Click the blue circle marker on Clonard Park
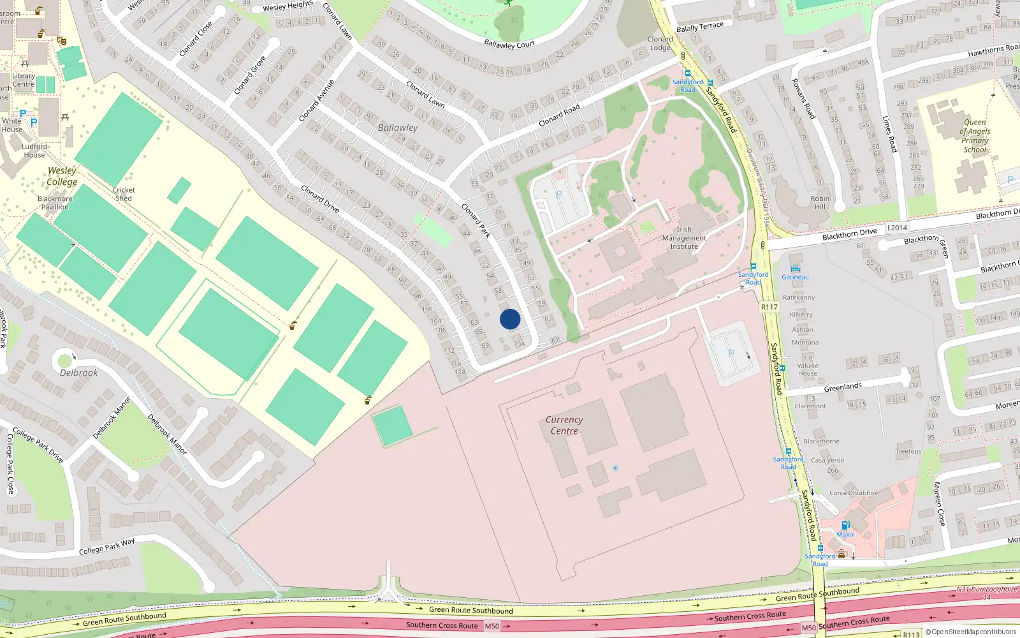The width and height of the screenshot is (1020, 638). click(510, 319)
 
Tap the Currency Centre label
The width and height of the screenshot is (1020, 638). click(564, 426)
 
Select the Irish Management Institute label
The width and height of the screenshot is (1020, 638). click(684, 238)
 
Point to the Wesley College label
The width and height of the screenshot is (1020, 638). click(62, 176)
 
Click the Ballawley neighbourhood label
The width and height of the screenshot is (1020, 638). click(398, 128)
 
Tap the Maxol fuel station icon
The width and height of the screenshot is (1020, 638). click(845, 526)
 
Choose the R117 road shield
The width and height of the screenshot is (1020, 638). click(769, 307)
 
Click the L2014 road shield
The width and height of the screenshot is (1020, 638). click(897, 228)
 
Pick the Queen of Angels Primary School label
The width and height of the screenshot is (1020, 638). click(975, 136)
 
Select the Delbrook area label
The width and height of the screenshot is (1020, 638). click(79, 373)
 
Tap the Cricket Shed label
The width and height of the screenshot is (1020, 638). click(124, 194)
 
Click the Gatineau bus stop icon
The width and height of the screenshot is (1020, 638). click(795, 269)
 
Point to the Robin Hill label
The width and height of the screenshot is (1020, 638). click(820, 202)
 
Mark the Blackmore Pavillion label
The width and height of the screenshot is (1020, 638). click(55, 203)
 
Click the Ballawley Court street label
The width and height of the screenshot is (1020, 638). click(509, 44)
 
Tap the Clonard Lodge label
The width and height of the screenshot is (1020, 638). click(660, 43)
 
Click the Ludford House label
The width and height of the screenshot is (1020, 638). click(34, 151)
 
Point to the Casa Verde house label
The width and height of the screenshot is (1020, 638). click(827, 460)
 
